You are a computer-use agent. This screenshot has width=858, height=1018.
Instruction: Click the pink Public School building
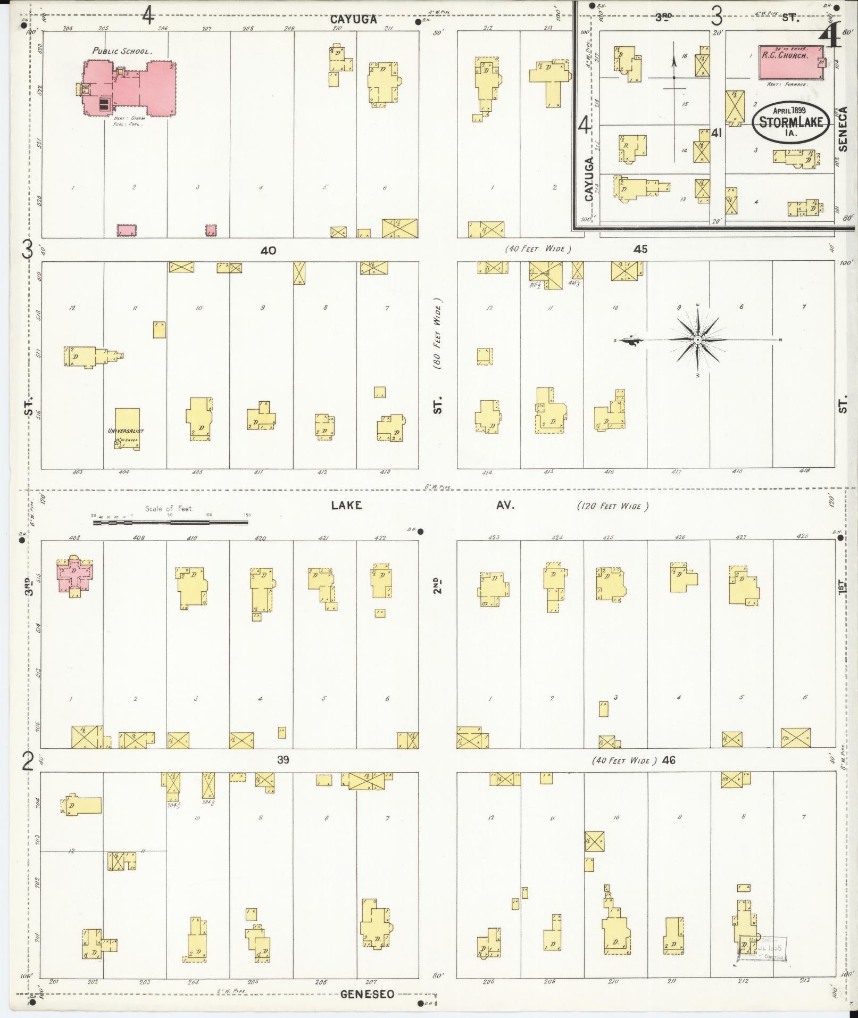coord(130,88)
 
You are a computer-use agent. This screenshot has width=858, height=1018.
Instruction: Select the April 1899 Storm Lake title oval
coord(792,122)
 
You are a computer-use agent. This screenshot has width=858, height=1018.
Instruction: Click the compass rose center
coord(697,340)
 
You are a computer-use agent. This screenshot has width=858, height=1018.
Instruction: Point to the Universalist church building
coord(127,429)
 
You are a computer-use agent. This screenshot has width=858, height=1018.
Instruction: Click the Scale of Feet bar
coord(170,523)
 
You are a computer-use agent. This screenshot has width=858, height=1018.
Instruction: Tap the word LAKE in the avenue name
coord(346,505)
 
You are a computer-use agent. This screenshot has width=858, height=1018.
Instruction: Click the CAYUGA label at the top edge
coord(353,19)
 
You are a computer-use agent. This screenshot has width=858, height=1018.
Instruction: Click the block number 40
coord(268,250)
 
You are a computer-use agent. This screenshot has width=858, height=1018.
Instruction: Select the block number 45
coord(640,249)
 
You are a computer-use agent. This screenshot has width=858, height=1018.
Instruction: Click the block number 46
coord(669,760)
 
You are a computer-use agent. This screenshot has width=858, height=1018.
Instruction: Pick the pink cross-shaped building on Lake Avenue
coord(75,576)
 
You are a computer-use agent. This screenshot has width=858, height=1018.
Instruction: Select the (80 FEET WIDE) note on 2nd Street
coord(437,337)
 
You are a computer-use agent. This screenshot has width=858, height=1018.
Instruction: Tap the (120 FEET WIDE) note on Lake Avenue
coord(612,506)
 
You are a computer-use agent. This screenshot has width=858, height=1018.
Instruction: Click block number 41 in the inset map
coord(716,133)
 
